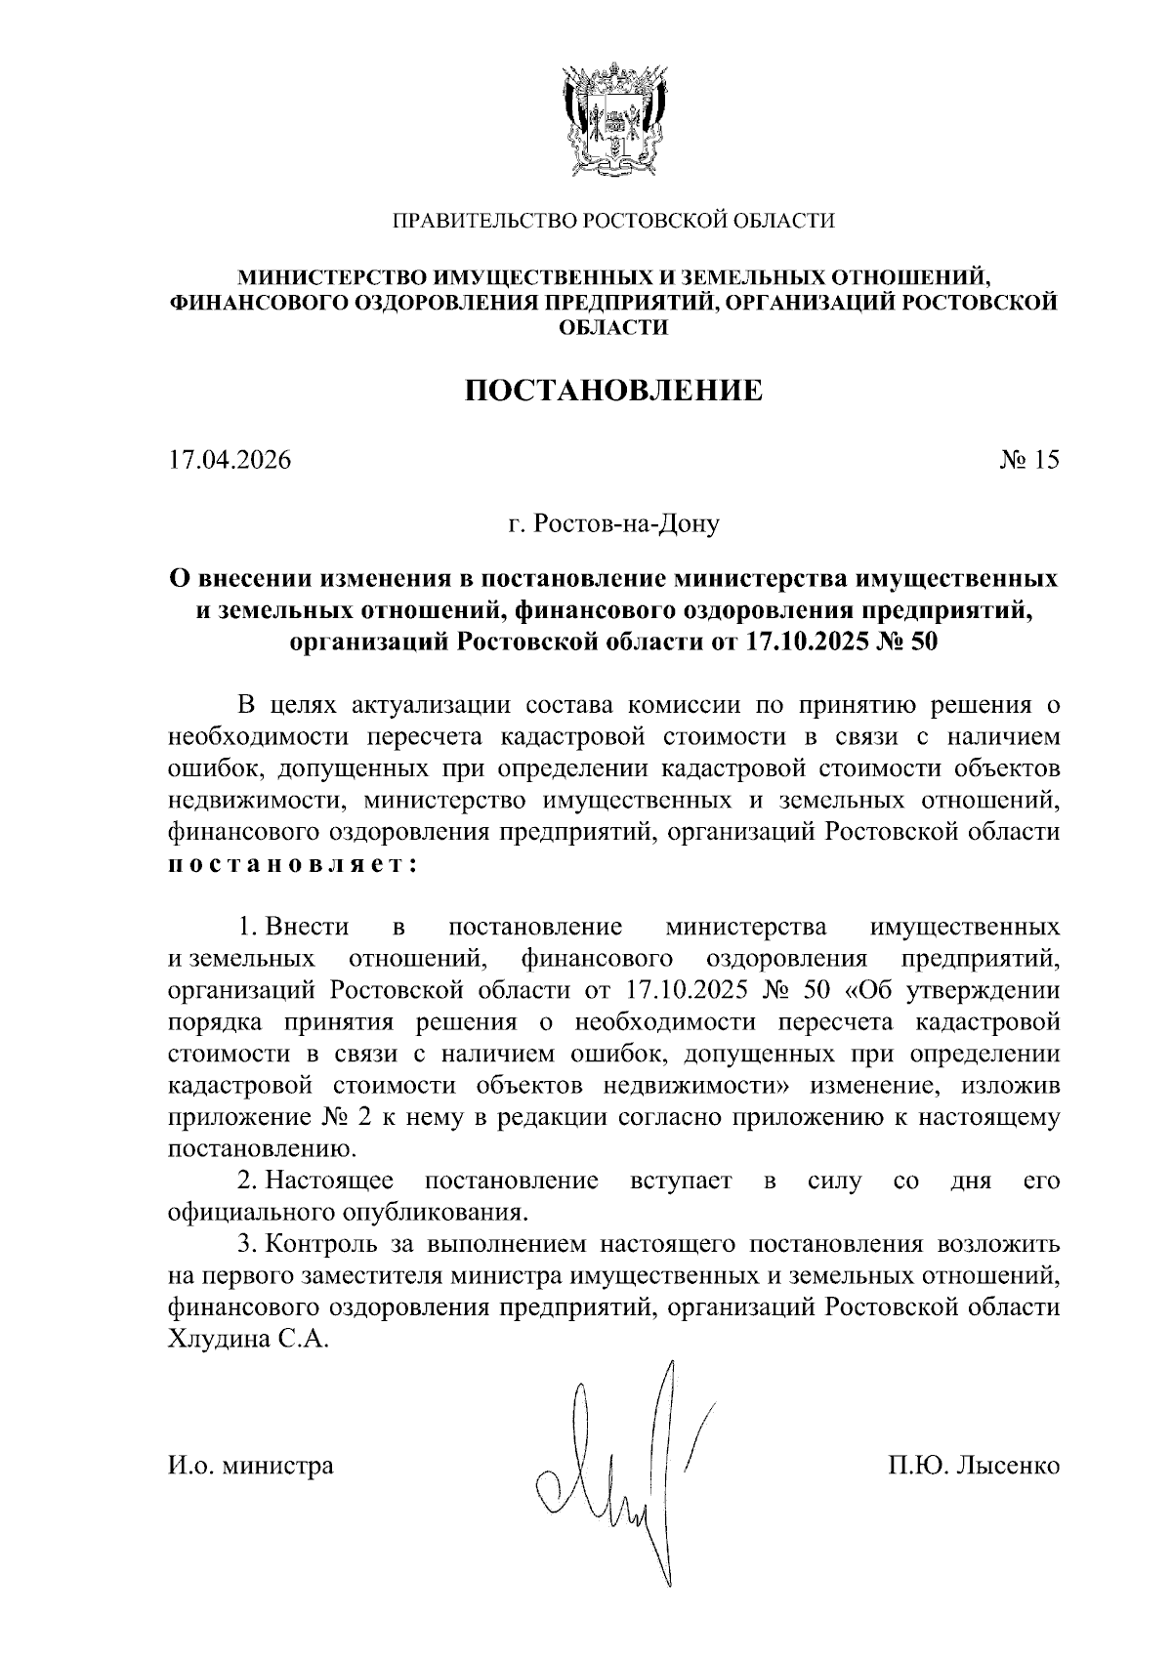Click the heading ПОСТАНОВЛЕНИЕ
(612, 392)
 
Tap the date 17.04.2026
(229, 460)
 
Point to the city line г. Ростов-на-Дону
(612, 524)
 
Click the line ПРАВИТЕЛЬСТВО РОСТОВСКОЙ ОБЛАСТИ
(612, 222)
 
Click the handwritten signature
(625, 1474)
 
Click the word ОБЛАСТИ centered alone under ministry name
(612, 329)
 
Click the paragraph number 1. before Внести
(247, 925)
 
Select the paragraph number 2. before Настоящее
(247, 1181)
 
